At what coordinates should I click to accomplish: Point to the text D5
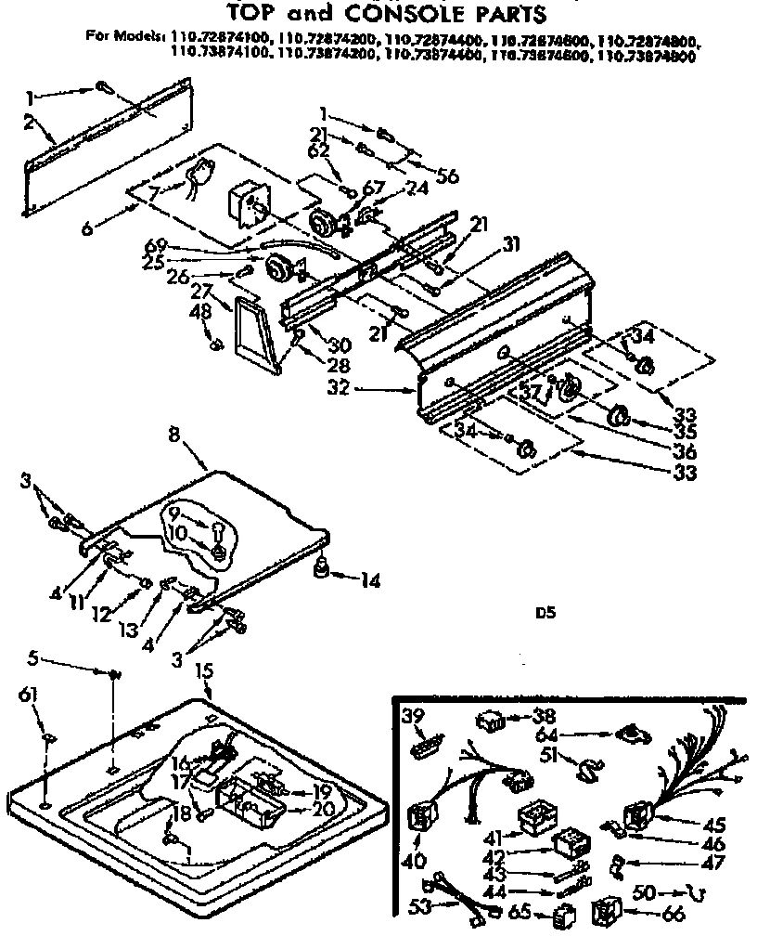click(x=544, y=613)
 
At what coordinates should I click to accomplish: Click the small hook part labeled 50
click(x=687, y=893)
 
